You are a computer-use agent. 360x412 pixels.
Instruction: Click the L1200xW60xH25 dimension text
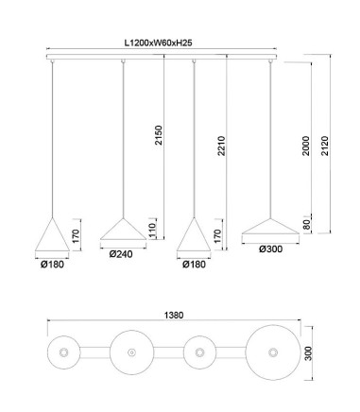pos(159,43)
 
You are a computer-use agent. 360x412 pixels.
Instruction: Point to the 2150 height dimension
pos(159,135)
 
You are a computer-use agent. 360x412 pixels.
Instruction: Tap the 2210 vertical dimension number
pos(222,146)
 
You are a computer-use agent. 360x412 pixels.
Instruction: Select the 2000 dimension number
pos(306,146)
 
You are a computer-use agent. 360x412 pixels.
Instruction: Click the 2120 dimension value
pos(324,146)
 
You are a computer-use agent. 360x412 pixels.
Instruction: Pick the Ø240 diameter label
pos(121,254)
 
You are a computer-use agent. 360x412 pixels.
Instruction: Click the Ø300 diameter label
pos(271,249)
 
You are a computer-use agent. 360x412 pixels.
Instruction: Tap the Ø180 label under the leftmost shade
pos(52,265)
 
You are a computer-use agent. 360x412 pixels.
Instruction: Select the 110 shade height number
pos(152,231)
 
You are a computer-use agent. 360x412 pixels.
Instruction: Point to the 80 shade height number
pos(306,225)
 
